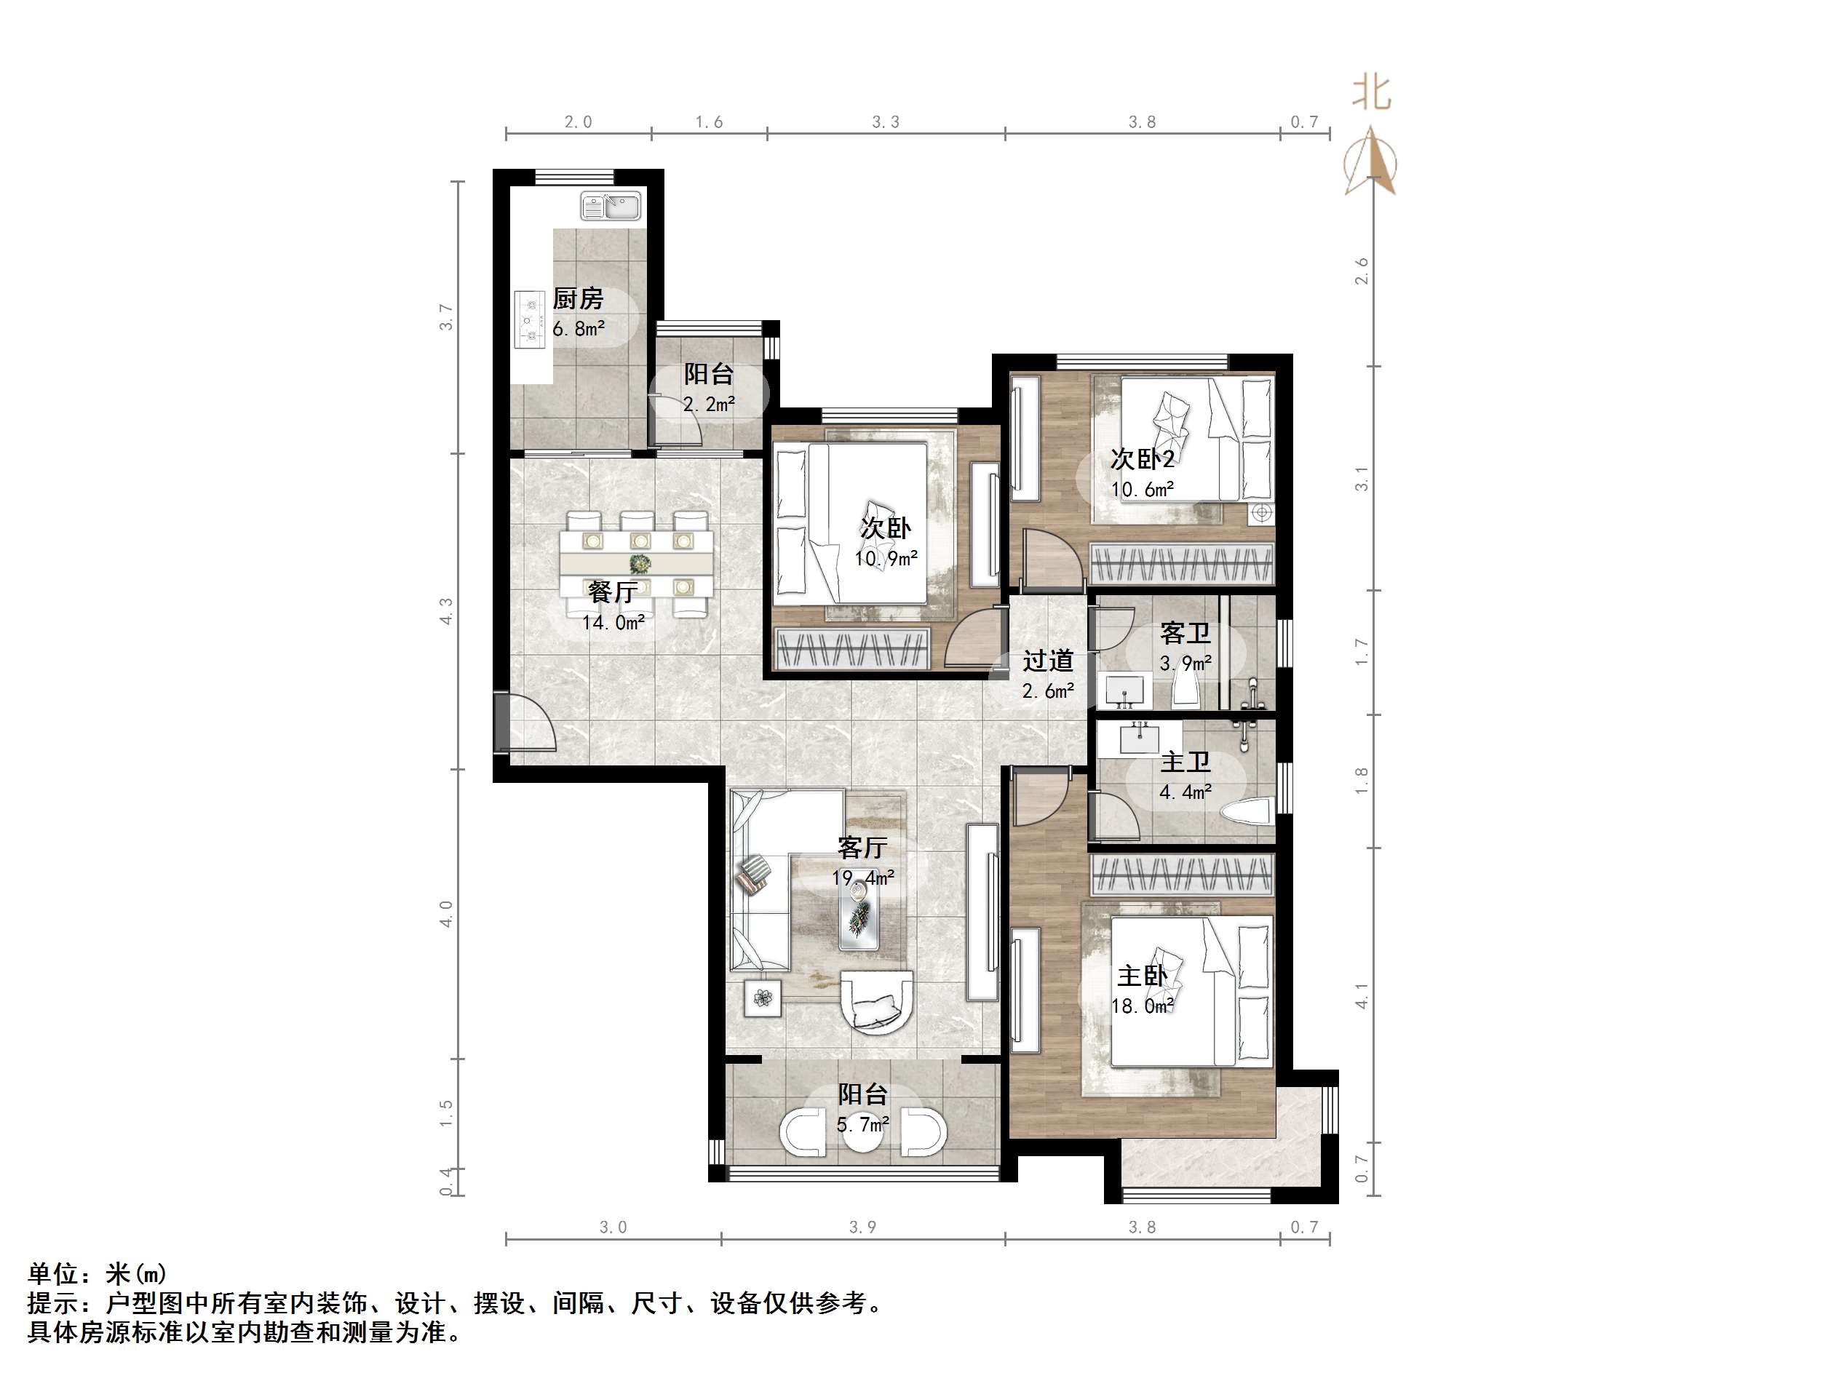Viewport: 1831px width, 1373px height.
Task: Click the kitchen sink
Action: [x=611, y=206]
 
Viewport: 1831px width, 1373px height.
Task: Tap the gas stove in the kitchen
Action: [x=529, y=319]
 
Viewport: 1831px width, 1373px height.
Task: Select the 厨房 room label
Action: [x=579, y=299]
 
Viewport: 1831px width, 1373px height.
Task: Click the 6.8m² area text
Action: [x=579, y=330]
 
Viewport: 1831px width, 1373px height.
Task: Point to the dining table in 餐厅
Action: [x=637, y=564]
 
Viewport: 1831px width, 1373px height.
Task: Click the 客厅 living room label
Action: [x=862, y=848]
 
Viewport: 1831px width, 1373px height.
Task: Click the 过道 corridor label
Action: [x=1048, y=661]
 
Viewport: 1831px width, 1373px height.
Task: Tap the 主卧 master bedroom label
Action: [x=1143, y=976]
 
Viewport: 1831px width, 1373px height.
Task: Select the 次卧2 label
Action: [x=1143, y=458]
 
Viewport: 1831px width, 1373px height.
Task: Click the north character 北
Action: [x=1372, y=92]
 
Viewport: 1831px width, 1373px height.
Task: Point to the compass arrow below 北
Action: [x=1372, y=162]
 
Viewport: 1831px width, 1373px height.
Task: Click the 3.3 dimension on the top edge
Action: [x=886, y=122]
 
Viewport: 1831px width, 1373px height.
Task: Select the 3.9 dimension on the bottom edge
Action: [x=862, y=1227]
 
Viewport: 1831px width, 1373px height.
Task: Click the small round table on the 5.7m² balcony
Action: [x=862, y=1132]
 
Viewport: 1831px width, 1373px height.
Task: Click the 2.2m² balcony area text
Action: [x=710, y=405]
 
